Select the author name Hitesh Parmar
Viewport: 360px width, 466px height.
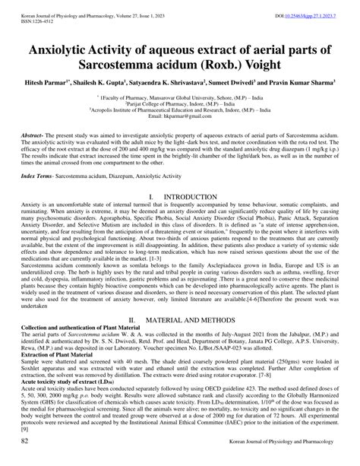coord(50,80)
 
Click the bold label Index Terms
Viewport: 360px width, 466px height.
coord(39,175)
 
